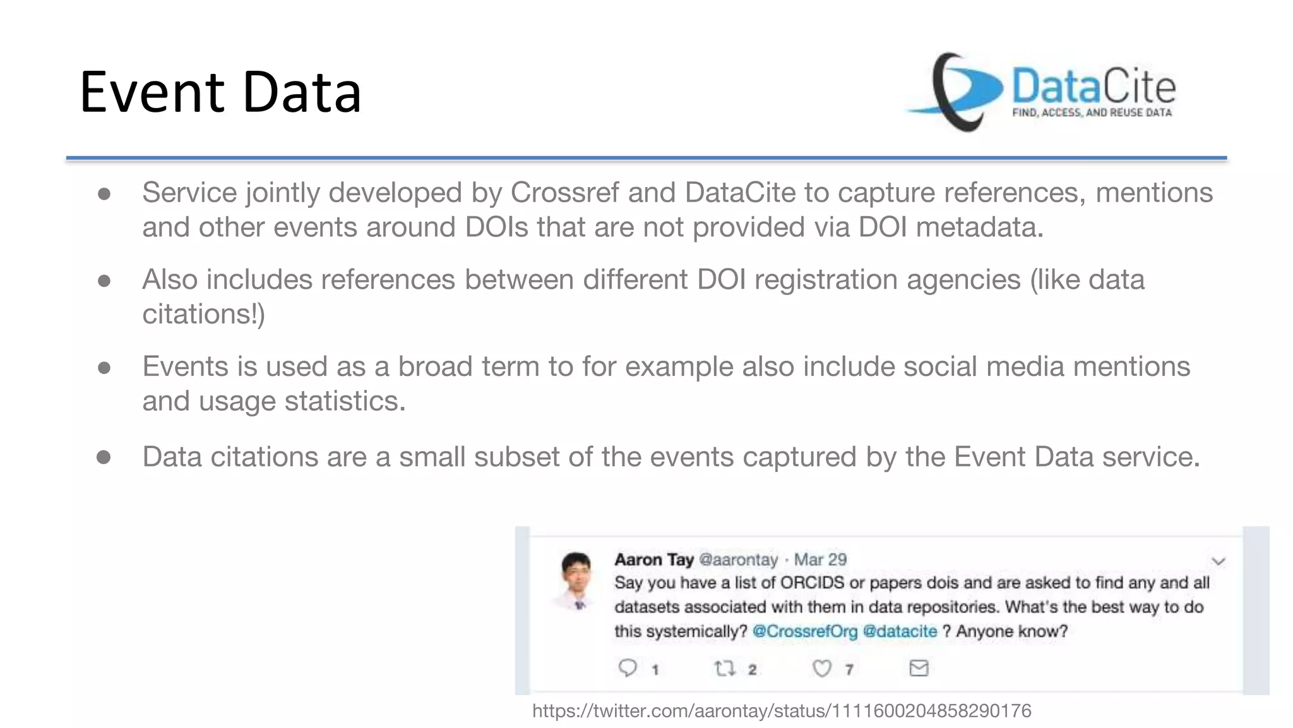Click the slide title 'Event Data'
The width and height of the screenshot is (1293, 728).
coord(220,92)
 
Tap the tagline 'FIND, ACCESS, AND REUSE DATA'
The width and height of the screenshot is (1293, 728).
coord(1092,112)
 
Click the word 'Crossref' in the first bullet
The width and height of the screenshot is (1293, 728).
coord(564,193)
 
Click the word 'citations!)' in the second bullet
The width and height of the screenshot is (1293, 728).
coord(203,314)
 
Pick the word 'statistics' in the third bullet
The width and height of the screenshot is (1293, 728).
coord(343,401)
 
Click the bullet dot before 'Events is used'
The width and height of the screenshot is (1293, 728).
coord(104,368)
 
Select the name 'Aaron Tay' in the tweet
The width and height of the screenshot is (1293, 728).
coord(653,560)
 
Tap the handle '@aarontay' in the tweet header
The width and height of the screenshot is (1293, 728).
coord(738,560)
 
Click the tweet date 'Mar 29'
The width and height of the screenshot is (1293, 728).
coord(819,560)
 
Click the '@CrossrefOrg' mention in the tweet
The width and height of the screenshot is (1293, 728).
coord(804,631)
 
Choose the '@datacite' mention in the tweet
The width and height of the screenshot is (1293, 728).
coord(899,631)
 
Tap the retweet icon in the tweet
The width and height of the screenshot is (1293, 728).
coord(724,668)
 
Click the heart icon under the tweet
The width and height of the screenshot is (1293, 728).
coord(821,668)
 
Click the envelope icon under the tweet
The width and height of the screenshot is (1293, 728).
coord(919,668)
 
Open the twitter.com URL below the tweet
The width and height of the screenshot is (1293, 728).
coord(782,711)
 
